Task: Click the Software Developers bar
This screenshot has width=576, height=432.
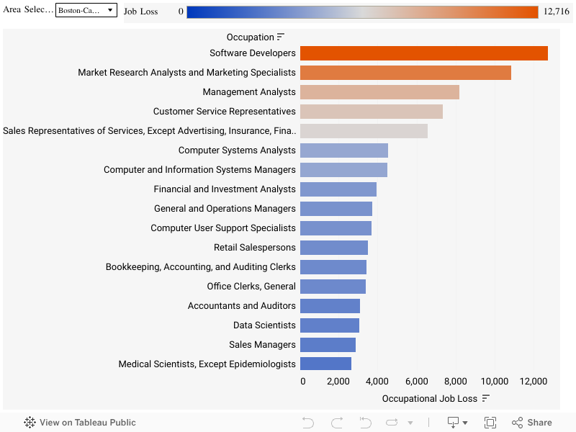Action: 423,53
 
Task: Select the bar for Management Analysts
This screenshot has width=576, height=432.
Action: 379,92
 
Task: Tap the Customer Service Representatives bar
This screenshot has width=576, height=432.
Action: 371,112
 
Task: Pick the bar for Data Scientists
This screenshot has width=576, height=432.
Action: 329,325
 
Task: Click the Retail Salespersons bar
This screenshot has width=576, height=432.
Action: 333,248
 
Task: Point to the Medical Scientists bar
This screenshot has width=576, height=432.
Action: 325,364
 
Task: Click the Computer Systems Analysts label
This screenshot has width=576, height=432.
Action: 237,150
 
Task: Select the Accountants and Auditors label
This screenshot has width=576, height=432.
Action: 241,306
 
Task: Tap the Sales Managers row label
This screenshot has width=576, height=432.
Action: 262,345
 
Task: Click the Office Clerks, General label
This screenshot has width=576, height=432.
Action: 251,287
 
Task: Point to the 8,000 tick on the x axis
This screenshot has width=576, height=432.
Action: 455,382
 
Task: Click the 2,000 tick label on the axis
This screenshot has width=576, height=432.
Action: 338,382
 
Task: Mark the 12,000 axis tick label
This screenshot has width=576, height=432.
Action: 533,382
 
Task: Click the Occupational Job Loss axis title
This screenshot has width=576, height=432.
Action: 429,399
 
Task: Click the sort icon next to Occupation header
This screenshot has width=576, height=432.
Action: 281,37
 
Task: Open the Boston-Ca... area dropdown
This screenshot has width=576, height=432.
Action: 86,11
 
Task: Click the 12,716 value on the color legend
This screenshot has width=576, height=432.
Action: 556,12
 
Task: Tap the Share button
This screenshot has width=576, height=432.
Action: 532,423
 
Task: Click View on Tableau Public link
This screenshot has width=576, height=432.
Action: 80,423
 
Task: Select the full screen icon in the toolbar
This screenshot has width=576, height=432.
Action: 490,423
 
